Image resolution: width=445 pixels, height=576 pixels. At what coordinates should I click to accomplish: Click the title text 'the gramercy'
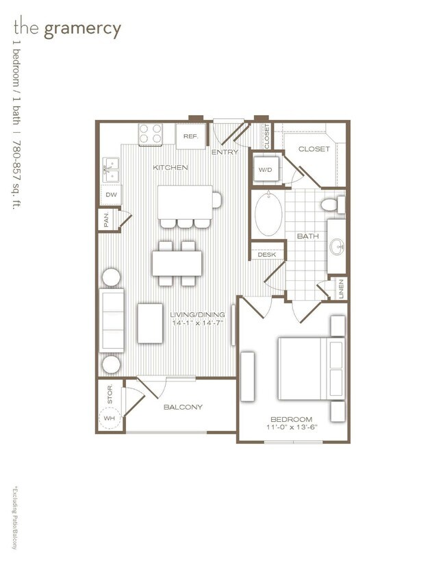point(66,29)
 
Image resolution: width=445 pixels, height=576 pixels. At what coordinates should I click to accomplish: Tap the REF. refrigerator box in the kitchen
point(190,136)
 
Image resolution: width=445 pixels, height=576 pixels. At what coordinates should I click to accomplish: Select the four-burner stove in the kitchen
point(151,134)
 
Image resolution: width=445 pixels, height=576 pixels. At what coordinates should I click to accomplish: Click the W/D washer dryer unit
point(265,169)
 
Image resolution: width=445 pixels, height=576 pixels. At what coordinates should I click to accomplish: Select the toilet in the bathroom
point(331,203)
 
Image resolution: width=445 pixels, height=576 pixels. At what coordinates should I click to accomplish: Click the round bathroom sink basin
point(336,246)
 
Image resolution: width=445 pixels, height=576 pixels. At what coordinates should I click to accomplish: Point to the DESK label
point(266,254)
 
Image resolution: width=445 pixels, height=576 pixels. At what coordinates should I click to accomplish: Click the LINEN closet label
point(341,288)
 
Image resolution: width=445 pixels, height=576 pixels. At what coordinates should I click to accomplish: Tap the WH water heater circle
point(110,418)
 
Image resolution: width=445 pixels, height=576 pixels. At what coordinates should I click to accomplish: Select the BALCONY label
point(183,407)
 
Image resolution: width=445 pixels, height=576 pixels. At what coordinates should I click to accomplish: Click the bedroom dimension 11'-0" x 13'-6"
point(291,428)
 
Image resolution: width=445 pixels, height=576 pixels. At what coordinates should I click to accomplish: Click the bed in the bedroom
point(308,368)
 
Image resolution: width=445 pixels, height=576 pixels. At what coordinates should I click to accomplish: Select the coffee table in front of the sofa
point(149,323)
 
